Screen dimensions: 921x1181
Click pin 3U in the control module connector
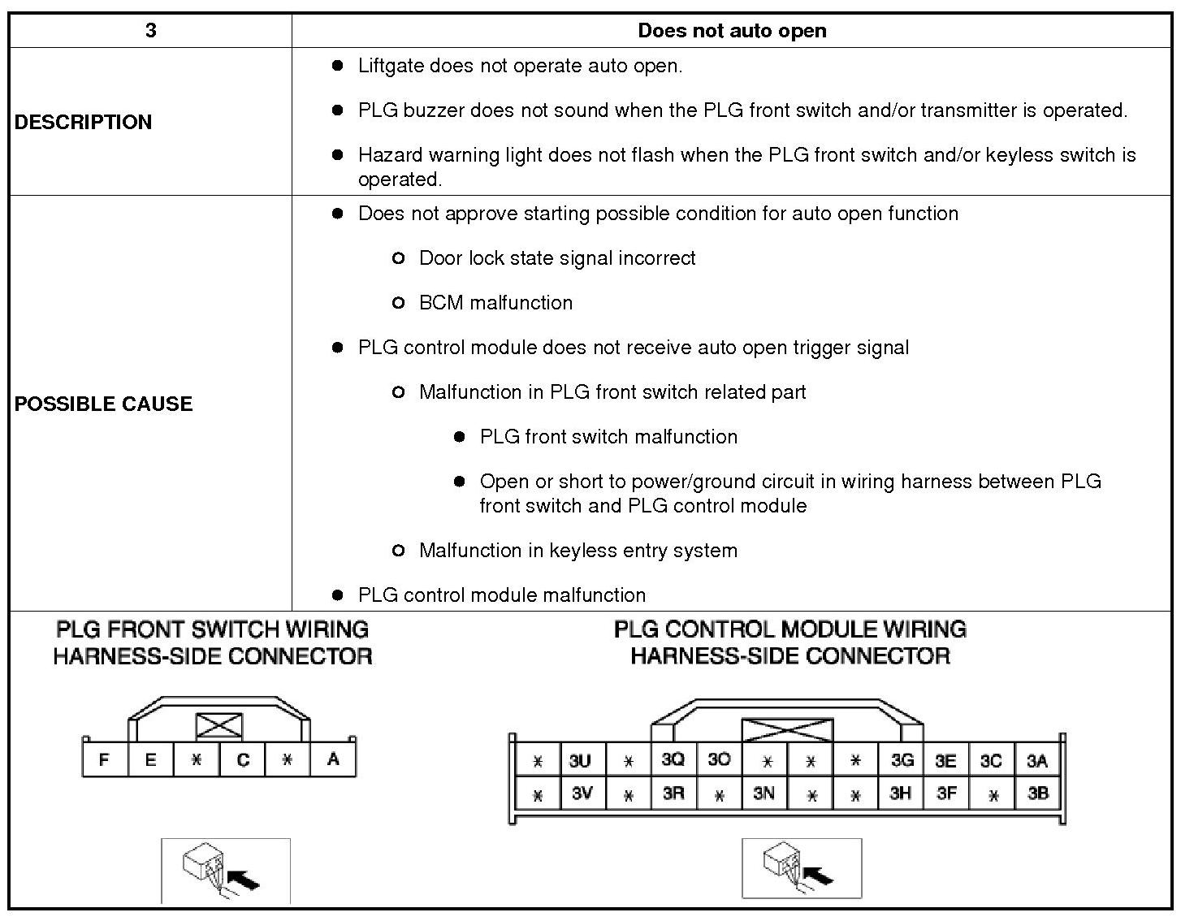580,761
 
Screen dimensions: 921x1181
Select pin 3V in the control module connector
582,793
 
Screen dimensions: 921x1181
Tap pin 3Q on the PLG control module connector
673,759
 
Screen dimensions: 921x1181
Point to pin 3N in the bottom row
764,793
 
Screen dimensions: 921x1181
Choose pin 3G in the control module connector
902,760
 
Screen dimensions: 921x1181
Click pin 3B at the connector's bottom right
1038,793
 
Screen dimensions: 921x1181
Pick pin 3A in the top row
1037,761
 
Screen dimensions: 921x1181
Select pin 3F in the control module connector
946,793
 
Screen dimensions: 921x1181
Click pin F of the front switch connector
104,760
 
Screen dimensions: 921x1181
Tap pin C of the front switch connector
242,760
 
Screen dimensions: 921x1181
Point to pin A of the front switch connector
333,759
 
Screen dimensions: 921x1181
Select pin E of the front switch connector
150,760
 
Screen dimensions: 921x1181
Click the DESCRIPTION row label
83,122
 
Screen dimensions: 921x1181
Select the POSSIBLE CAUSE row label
103,404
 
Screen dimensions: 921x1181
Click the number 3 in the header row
150,31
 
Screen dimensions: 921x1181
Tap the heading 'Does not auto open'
732,31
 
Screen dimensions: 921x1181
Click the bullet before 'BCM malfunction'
398,303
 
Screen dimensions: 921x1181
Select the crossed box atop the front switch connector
219,725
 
